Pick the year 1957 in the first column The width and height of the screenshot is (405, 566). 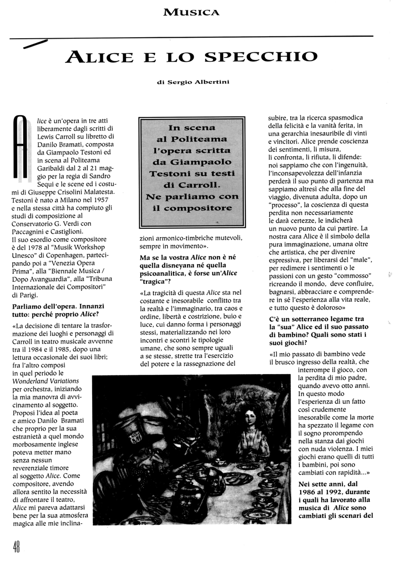click(x=109, y=200)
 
